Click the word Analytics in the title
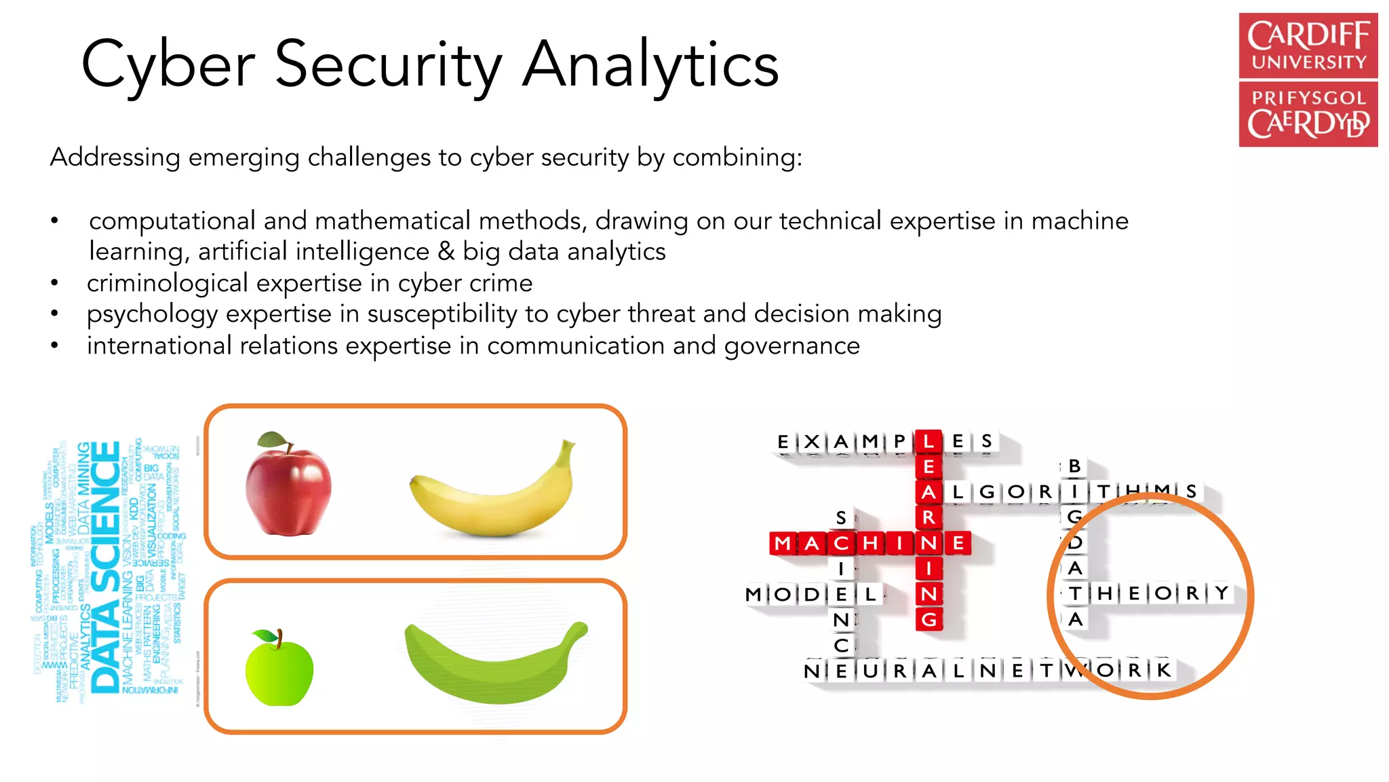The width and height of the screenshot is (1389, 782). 650,65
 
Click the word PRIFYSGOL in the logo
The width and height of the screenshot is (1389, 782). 1308,98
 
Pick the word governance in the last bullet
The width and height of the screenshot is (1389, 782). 791,346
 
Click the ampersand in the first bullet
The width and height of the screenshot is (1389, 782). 446,252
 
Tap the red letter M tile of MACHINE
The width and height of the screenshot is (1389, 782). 783,543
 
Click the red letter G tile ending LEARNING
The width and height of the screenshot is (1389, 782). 929,619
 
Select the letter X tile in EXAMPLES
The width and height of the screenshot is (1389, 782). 812,442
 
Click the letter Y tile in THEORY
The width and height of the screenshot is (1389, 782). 1221,593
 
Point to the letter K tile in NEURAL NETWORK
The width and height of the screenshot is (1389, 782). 1164,671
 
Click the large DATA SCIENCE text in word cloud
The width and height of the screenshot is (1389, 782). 106,567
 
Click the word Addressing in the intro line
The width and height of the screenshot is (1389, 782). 115,157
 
